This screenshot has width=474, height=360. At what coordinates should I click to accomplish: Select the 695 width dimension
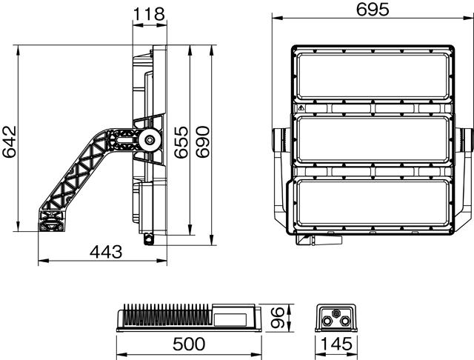point(371,10)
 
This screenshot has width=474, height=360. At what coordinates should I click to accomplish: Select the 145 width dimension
point(337,344)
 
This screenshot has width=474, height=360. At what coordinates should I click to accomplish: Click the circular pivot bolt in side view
point(150,139)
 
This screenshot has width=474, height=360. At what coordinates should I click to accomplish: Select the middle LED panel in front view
point(373,139)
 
